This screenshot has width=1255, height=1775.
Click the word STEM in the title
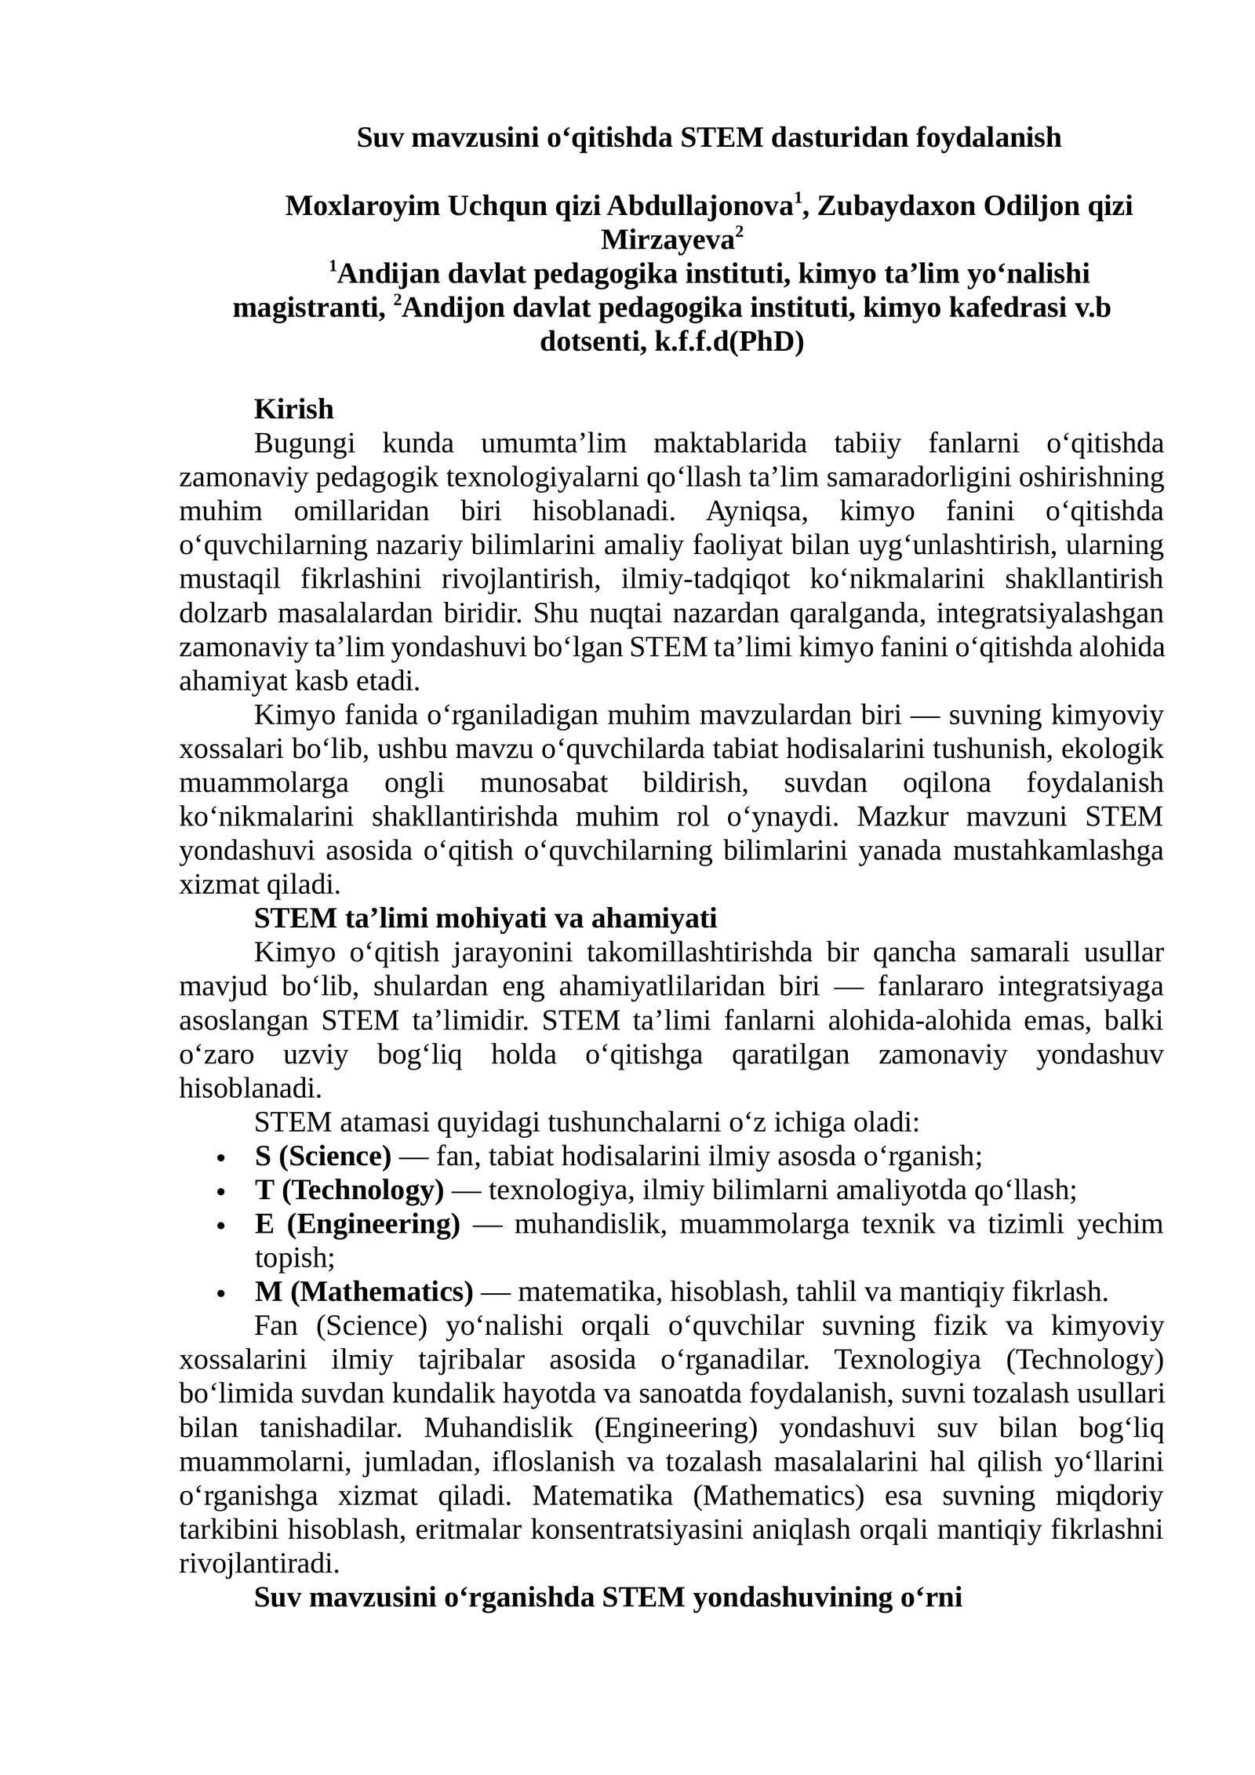coord(721,138)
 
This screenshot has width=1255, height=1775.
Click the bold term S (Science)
coord(322,1157)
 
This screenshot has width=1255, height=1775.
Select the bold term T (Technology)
coord(348,1190)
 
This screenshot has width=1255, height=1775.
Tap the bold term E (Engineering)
coord(357,1224)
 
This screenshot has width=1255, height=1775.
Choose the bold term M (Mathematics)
coord(363,1292)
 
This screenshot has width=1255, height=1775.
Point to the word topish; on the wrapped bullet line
coord(295,1259)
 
